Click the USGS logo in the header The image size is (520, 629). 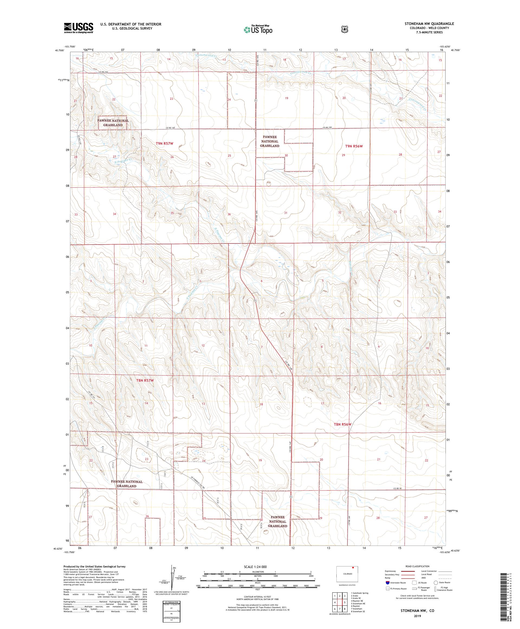pos(78,28)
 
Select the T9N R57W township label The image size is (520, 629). pos(164,143)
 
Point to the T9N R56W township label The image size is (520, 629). pos(354,146)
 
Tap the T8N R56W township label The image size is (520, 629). pos(342,424)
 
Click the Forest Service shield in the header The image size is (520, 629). pos(345,29)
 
